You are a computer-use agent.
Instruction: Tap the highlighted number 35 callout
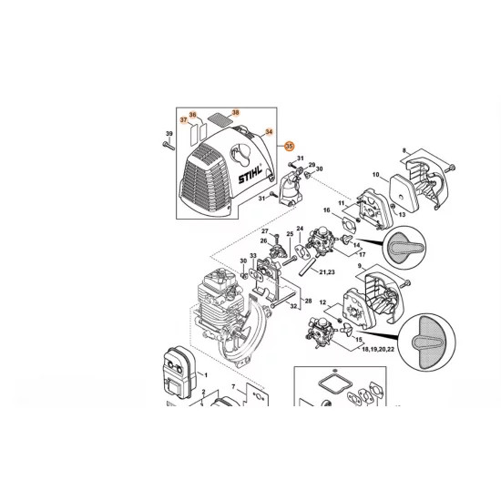290,146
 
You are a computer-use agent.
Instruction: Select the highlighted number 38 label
235,112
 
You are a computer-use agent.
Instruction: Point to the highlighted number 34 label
268,131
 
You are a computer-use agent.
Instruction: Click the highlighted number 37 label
183,119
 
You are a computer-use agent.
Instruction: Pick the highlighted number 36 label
193,113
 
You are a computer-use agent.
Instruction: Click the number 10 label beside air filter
374,174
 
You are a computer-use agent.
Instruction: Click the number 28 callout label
308,300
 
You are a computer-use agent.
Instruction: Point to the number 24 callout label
299,228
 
